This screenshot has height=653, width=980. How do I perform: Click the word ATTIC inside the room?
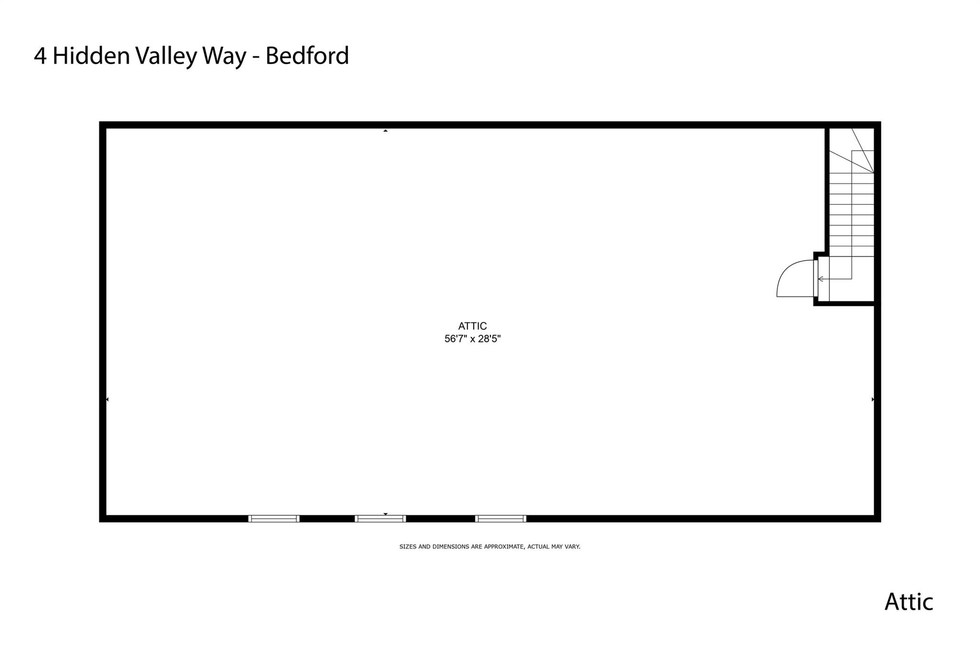pos(472,326)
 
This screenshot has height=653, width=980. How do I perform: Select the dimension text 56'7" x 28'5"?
pos(472,339)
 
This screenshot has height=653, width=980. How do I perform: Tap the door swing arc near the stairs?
pos(795,278)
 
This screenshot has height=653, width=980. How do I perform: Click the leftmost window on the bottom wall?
pos(274,519)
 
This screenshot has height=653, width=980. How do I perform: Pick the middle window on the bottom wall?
pos(380,519)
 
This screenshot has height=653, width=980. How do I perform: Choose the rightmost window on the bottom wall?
pos(501,519)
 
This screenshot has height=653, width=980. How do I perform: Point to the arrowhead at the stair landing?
pos(821,279)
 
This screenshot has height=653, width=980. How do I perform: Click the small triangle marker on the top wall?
pos(385,130)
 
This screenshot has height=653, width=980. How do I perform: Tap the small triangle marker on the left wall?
pos(107,399)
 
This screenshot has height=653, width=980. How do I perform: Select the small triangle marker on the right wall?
pos(873,399)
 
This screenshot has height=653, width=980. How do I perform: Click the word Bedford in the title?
pos(307,56)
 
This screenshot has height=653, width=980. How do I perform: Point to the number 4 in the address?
pos(40,56)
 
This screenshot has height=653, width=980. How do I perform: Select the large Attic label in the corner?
pos(909,601)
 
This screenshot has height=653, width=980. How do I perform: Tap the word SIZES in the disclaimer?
pos(408,546)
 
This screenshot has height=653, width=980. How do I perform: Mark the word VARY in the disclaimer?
pos(573,546)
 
